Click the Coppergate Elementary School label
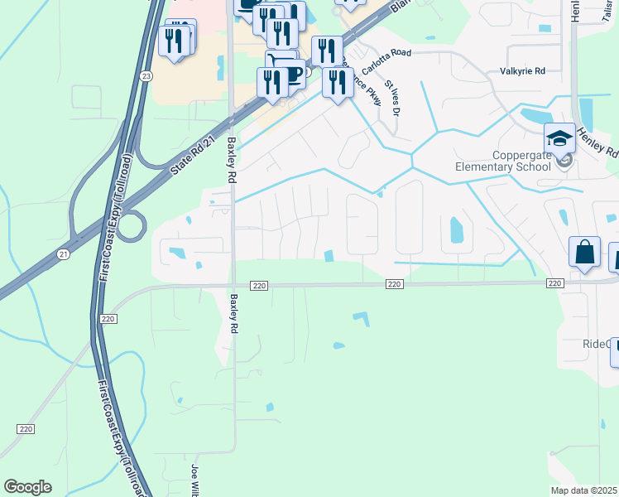click(x=502, y=161)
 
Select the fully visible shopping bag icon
click(x=584, y=251)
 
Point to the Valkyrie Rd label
click(x=521, y=71)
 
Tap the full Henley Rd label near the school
click(x=597, y=141)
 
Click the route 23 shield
click(x=146, y=75)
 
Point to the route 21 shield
click(x=64, y=254)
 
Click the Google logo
click(x=27, y=486)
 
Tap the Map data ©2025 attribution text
click(x=584, y=490)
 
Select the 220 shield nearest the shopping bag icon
click(x=555, y=283)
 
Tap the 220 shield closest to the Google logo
click(x=26, y=428)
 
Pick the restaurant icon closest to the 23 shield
click(x=174, y=41)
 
